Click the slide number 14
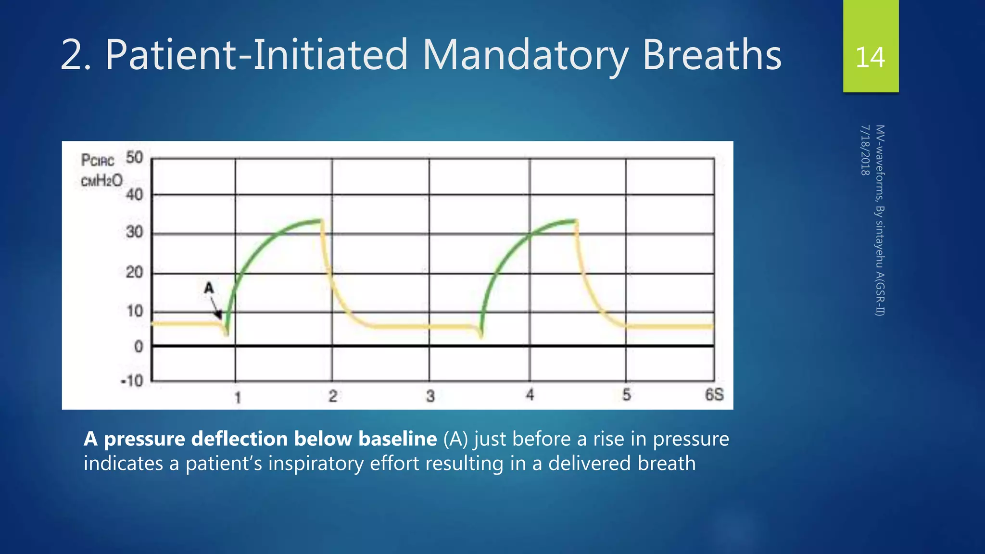click(870, 57)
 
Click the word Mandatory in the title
click(525, 55)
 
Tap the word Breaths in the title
click(712, 55)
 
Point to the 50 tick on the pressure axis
click(134, 158)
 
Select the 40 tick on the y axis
click(134, 195)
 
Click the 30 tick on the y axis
click(134, 232)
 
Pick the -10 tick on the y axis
click(132, 381)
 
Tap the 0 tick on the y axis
click(139, 346)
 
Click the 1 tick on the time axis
click(237, 397)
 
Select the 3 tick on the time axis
click(430, 396)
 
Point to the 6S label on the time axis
click(714, 395)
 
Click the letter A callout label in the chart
click(208, 288)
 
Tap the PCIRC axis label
click(98, 160)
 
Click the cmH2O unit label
click(101, 181)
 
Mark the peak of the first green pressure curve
click(320, 221)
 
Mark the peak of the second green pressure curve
click(575, 221)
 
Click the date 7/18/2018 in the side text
click(865, 150)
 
